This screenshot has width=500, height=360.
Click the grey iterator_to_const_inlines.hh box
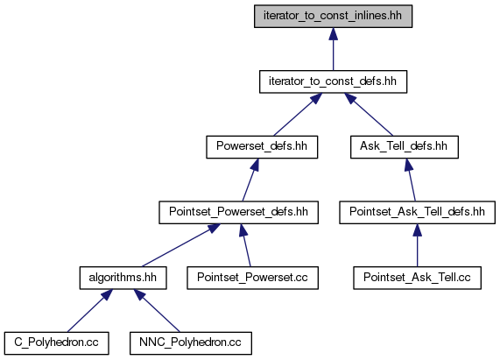[333, 16]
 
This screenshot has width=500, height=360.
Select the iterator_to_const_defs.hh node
[333, 81]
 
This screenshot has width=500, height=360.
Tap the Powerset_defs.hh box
[262, 147]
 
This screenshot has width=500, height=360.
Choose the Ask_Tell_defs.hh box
[404, 147]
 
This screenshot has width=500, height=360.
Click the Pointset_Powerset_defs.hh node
[238, 212]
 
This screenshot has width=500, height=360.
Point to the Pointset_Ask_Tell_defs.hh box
[417, 212]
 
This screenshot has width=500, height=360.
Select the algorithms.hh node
[123, 278]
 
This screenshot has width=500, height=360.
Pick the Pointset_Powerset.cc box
[252, 278]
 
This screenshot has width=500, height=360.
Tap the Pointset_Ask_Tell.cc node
[417, 278]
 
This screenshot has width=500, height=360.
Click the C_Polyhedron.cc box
[56, 343]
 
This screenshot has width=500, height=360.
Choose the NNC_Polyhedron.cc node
[191, 343]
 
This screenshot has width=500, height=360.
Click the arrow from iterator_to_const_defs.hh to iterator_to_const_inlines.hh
[334, 49]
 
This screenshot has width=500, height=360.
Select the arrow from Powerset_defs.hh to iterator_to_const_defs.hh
[298, 115]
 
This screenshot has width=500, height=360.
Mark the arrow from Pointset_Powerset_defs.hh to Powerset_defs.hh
[250, 180]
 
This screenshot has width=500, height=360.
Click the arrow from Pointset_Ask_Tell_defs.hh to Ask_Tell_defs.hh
[410, 180]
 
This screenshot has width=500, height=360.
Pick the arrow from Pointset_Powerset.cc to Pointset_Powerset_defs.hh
[245, 245]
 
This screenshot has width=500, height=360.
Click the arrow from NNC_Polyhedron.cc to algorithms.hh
[157, 311]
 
